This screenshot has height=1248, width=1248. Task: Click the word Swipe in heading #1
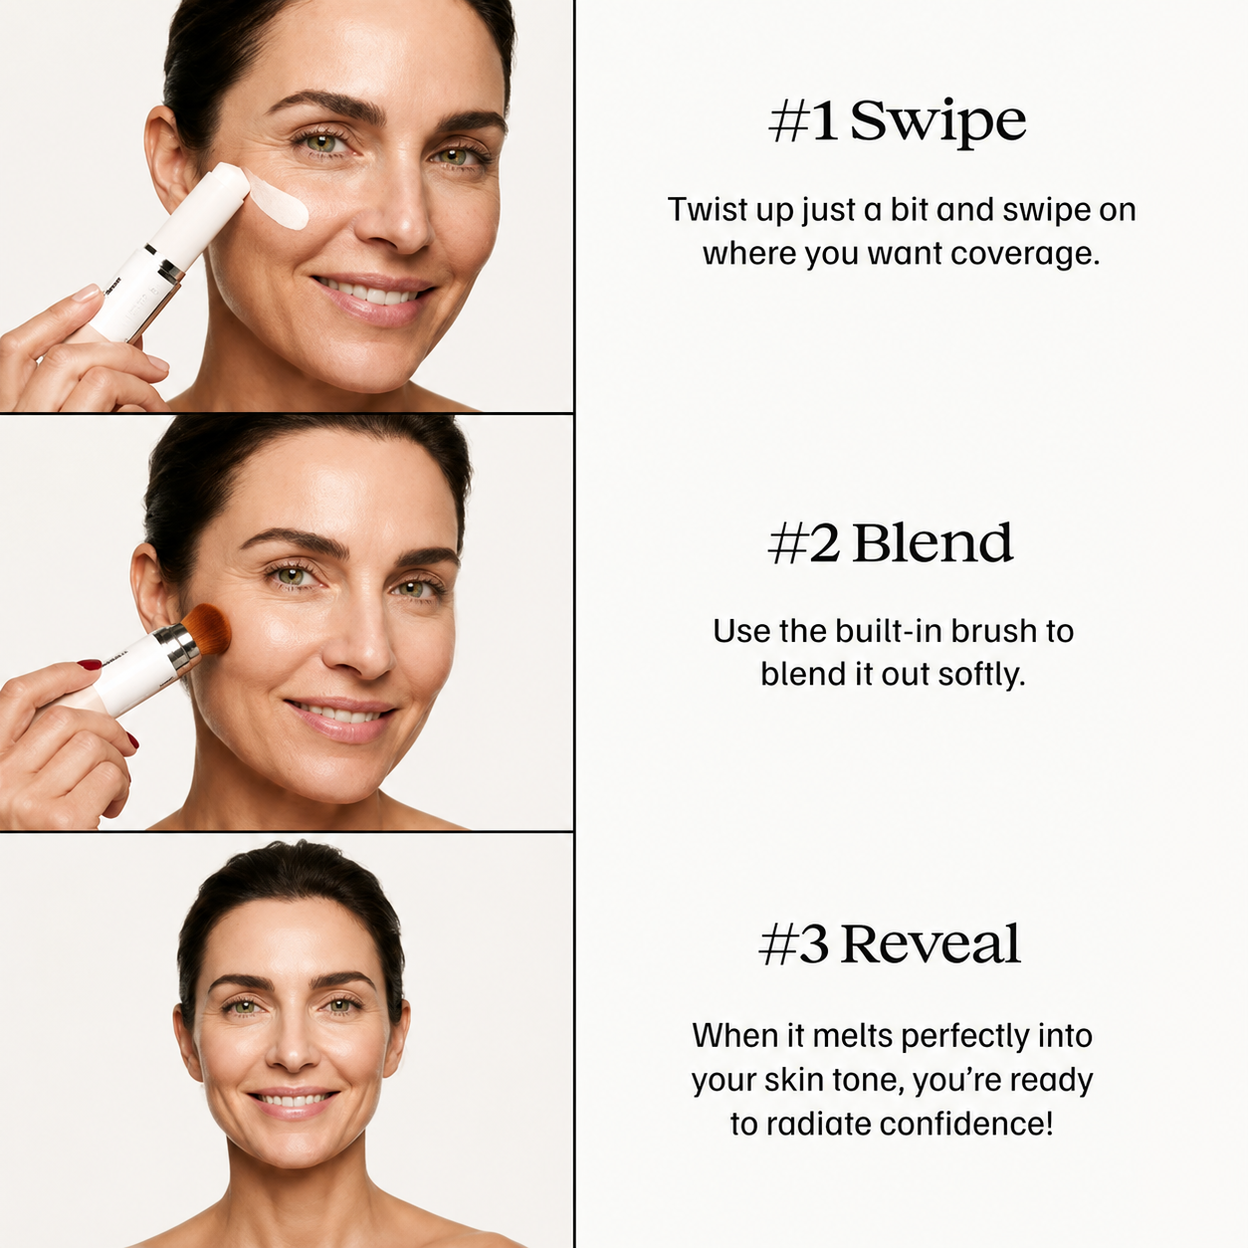(937, 121)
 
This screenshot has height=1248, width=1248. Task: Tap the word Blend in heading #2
(932, 542)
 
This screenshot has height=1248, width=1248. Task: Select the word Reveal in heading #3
(931, 943)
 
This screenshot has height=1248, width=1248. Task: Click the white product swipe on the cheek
(279, 197)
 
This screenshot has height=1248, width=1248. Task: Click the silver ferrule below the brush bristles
(183, 648)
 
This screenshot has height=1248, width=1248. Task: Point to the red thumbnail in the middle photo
(90, 664)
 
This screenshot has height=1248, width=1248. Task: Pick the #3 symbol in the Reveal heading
(794, 944)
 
